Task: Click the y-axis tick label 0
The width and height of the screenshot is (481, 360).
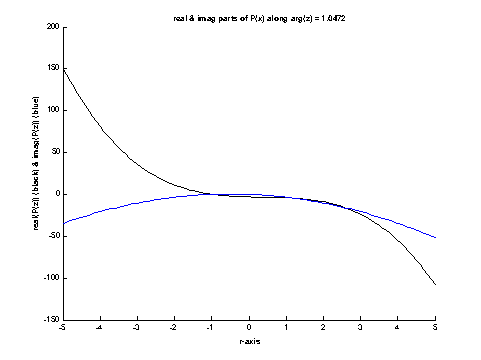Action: click(57, 194)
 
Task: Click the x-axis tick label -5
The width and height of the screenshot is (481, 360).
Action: click(62, 327)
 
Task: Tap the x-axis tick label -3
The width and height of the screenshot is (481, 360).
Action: click(137, 327)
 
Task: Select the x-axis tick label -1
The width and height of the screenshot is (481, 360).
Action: click(211, 327)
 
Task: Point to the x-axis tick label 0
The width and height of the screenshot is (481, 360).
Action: click(250, 327)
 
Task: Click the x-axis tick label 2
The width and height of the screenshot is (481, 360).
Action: click(324, 327)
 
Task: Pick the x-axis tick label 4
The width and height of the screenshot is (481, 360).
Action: click(398, 327)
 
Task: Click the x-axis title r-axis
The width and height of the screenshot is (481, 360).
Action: click(249, 341)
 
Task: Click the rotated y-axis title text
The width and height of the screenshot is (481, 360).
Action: click(35, 173)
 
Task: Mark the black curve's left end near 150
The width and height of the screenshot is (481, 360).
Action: click(64, 68)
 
